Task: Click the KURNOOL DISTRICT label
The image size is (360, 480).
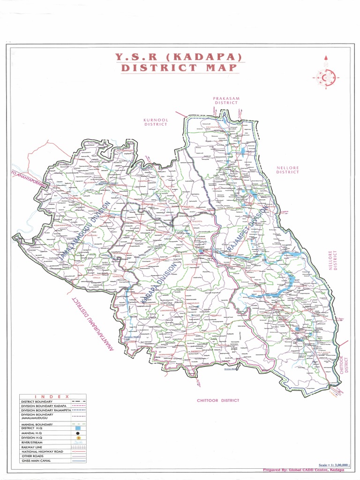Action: tap(156, 122)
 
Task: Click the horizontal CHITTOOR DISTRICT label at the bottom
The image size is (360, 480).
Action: tap(218, 400)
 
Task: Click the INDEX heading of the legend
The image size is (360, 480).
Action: tap(52, 397)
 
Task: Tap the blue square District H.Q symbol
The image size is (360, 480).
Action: tap(78, 428)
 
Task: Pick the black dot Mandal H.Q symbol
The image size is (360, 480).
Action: tap(78, 433)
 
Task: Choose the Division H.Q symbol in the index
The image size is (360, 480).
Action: tap(78, 438)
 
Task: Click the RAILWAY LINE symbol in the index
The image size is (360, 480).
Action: tap(78, 447)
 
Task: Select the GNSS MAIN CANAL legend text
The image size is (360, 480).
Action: tap(36, 461)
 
